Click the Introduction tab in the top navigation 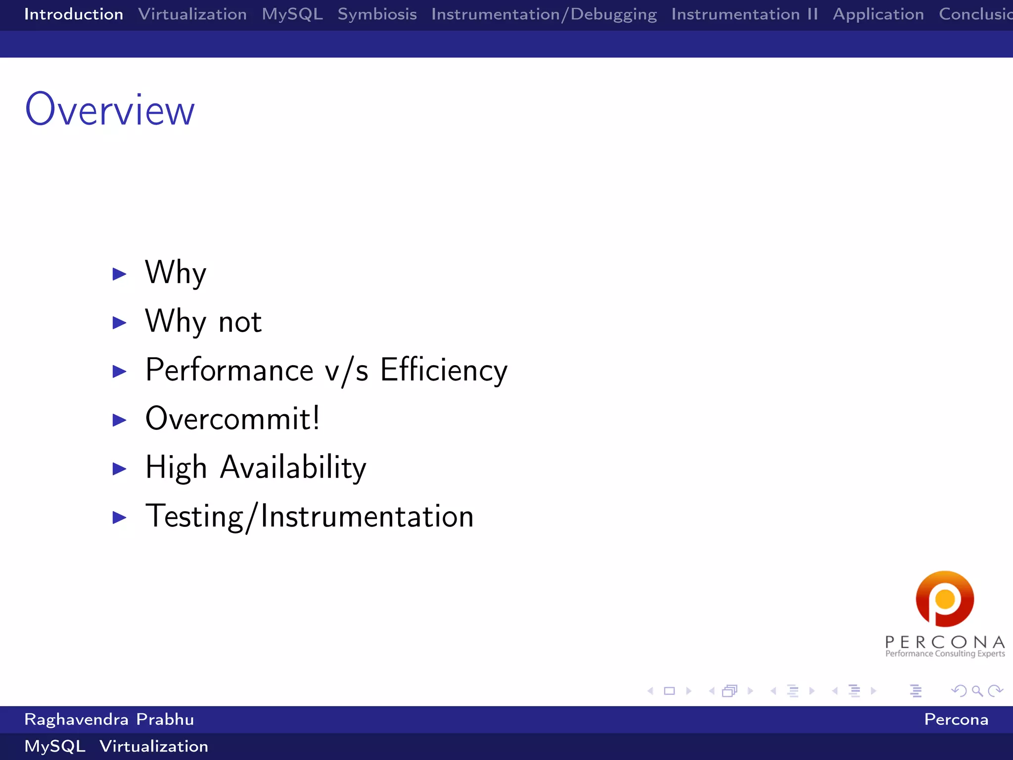pos(74,14)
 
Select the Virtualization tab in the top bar pos(192,14)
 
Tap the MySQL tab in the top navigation pos(292,14)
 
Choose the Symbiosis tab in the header pos(377,14)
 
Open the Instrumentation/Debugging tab pos(544,14)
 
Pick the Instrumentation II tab pos(744,14)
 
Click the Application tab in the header pos(878,14)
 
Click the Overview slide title pos(110,110)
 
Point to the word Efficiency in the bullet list pos(444,370)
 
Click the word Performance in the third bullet pos(230,370)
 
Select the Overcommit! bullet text pos(232,419)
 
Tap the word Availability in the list pos(293,467)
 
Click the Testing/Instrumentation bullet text pos(310,516)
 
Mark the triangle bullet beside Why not pos(119,323)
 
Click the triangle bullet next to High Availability pos(119,469)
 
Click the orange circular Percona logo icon pos(945,599)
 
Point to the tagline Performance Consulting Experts pos(945,654)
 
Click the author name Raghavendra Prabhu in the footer pos(109,719)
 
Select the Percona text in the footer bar pos(956,719)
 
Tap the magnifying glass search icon pos(977,691)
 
